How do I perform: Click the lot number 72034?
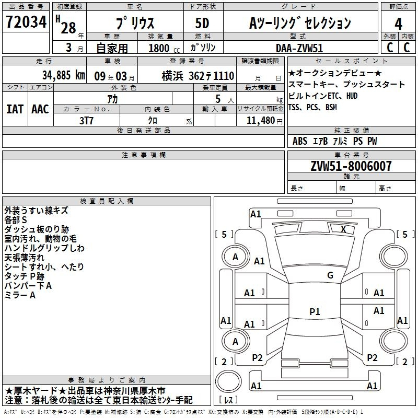26,22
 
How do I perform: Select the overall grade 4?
398,24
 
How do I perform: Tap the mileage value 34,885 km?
63,75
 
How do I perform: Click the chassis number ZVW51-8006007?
351,166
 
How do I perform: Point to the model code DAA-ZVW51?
299,48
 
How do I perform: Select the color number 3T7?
86,121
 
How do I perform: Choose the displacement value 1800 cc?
164,48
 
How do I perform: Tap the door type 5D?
202,23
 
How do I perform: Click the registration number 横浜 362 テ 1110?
198,76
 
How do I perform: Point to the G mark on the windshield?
330,275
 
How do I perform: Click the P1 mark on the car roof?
315,311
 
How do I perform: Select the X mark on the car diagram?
343,229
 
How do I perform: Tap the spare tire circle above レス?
228,381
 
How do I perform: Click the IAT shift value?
15,109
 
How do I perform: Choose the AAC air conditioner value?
40,109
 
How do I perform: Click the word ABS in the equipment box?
300,141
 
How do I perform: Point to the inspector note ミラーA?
20,295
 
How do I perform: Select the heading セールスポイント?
351,61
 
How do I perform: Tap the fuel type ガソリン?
203,48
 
